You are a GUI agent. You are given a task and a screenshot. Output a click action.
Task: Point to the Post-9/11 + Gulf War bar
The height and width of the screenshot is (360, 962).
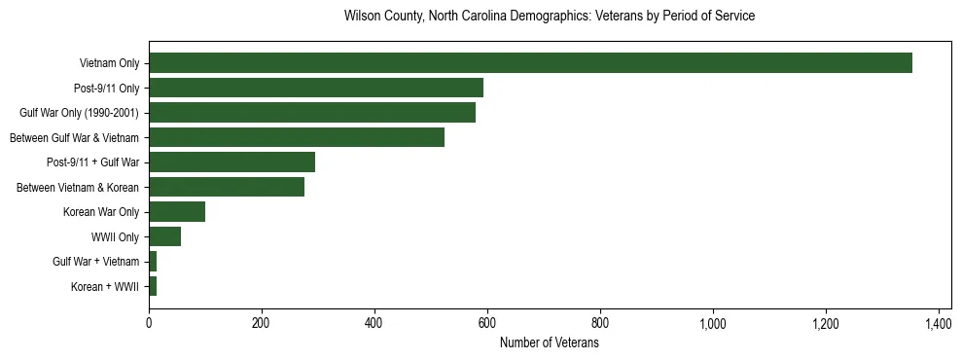tap(232, 162)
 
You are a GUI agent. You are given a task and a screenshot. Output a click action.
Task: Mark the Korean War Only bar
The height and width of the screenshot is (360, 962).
tap(177, 212)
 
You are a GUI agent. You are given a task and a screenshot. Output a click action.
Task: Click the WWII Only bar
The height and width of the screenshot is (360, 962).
tap(164, 236)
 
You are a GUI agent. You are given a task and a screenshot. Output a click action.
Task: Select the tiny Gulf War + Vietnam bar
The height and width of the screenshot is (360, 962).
tap(153, 262)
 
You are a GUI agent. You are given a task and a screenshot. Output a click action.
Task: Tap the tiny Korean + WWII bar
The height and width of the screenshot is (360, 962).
tap(153, 286)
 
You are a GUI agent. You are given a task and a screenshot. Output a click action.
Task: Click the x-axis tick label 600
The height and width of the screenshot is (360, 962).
tap(487, 322)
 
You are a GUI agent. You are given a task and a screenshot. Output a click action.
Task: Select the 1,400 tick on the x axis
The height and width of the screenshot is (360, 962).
tap(939, 322)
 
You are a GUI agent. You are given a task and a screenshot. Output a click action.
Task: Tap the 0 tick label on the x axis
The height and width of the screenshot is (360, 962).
tap(149, 322)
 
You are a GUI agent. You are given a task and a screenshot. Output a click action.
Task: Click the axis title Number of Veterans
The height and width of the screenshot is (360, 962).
tap(550, 342)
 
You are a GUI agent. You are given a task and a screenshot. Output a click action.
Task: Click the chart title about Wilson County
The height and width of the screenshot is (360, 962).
tap(550, 17)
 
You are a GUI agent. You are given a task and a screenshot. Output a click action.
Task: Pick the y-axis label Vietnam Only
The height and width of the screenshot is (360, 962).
tap(109, 64)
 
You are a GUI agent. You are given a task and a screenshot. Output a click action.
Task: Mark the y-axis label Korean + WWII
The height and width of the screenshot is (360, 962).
tap(105, 287)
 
